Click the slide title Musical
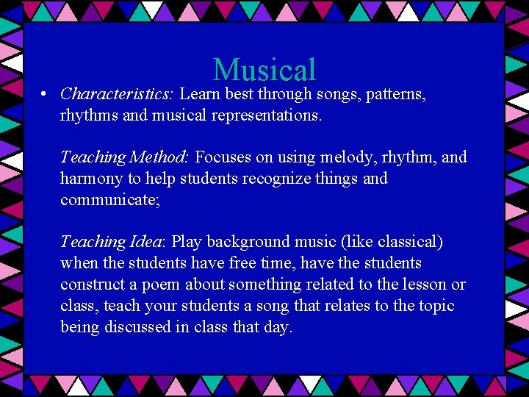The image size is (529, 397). click(x=264, y=71)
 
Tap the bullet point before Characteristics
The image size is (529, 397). click(x=45, y=95)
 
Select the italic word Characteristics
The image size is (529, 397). click(x=116, y=94)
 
